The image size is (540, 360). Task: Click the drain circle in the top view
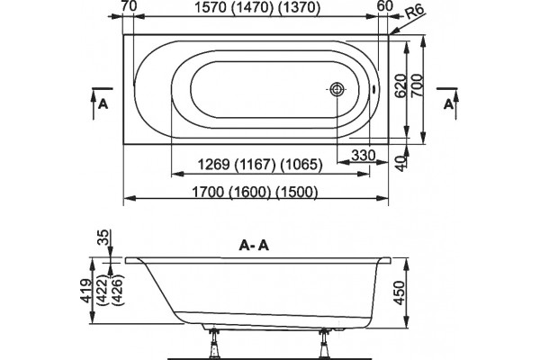[x=337, y=89]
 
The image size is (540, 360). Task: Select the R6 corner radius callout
[x=414, y=12]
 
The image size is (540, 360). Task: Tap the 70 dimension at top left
[x=129, y=6]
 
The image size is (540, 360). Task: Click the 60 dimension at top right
[x=384, y=6]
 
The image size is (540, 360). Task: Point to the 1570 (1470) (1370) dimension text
[x=257, y=7]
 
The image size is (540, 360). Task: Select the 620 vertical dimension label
[x=400, y=86]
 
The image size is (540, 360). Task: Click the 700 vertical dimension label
[x=417, y=86]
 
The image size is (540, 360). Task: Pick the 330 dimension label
[x=364, y=156]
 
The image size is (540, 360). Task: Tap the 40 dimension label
[x=400, y=163]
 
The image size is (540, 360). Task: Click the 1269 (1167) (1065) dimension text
[x=260, y=165]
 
